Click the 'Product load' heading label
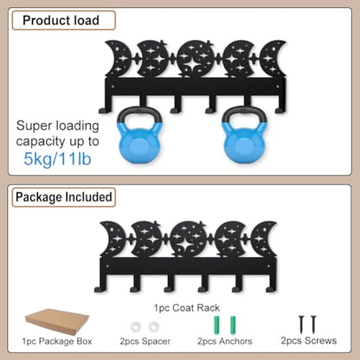(61, 21)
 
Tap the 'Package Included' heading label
(64, 197)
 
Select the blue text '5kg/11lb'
(57, 158)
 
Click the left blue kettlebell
(139, 135)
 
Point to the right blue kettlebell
(245, 135)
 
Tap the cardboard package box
(57, 321)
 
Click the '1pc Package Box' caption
(57, 341)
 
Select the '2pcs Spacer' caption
(145, 341)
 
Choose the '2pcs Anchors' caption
(225, 341)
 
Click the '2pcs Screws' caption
(309, 341)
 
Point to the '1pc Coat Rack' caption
(187, 308)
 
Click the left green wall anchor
(216, 325)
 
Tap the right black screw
(313, 325)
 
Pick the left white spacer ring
(136, 327)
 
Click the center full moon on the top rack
(196, 59)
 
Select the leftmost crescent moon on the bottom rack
(113, 239)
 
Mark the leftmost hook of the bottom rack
(100, 283)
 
